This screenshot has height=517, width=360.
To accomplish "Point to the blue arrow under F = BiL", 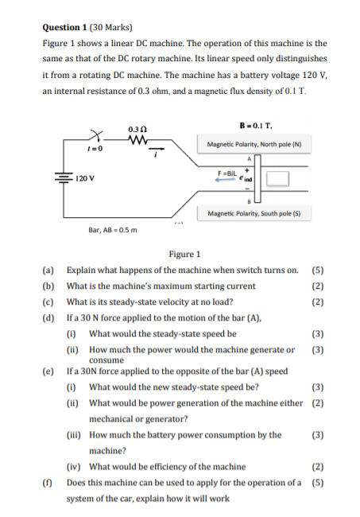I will [228, 180].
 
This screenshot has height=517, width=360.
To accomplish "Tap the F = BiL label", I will [229, 173].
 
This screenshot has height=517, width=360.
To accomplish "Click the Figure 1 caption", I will [184, 255].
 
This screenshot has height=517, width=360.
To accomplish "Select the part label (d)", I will [48, 318].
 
